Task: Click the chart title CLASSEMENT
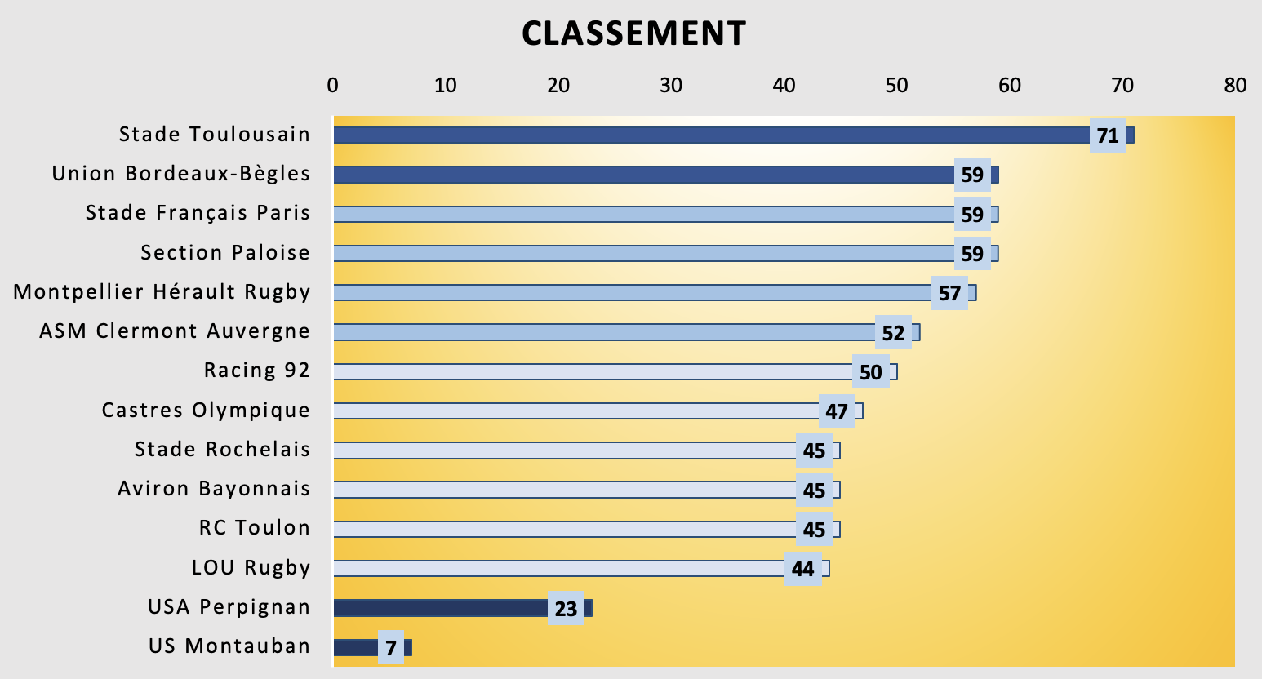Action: point(633,33)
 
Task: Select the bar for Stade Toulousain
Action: point(710,135)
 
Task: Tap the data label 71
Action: point(1108,135)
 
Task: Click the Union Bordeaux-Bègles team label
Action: point(181,174)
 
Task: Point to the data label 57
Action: point(949,293)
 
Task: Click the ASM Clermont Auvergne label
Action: point(175,331)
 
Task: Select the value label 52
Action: point(893,332)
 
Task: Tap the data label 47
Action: point(837,411)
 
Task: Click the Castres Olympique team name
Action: point(206,410)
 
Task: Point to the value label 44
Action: point(803,569)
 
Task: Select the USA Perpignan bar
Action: point(441,608)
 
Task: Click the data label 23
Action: point(566,608)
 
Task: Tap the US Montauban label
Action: point(229,646)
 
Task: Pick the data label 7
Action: point(391,648)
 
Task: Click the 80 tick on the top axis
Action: point(1235,85)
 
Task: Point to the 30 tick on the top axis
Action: point(671,85)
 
